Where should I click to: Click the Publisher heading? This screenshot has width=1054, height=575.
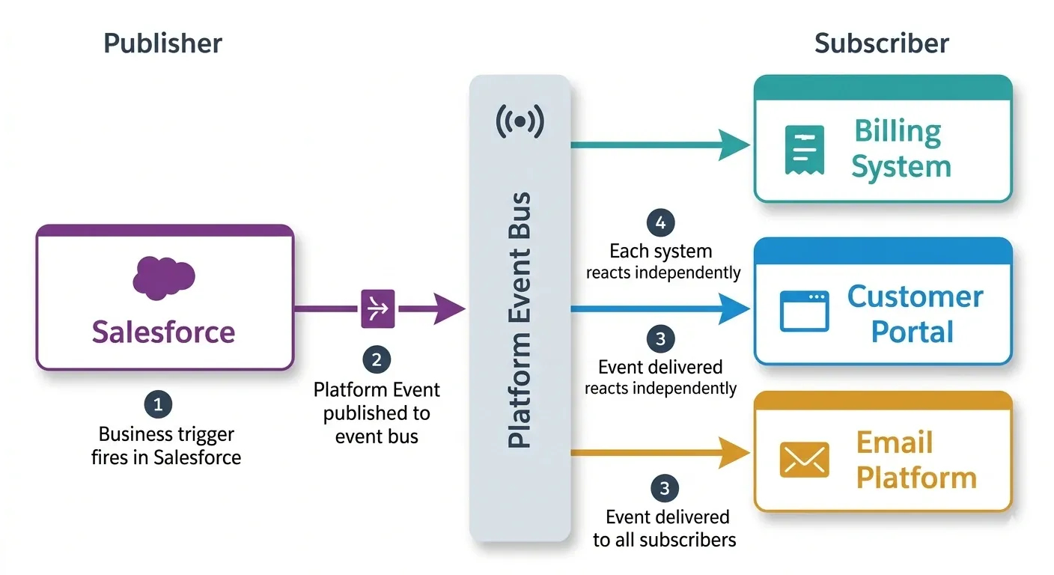pyautogui.click(x=162, y=43)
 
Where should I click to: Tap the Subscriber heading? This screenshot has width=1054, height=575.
pyautogui.click(x=881, y=43)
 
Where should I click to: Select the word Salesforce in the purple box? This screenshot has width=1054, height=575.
pyautogui.click(x=163, y=332)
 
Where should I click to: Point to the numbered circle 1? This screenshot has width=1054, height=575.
pyautogui.click(x=158, y=405)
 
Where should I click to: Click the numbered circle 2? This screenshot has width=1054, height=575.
pyautogui.click(x=377, y=359)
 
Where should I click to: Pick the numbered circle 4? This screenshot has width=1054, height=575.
pyautogui.click(x=660, y=222)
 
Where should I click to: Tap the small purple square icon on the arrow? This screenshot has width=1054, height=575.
pyautogui.click(x=378, y=308)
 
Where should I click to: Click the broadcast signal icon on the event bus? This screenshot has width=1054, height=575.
pyautogui.click(x=520, y=121)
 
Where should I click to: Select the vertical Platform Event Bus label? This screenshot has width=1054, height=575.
pyautogui.click(x=520, y=320)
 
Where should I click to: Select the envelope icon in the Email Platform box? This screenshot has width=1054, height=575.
pyautogui.click(x=804, y=459)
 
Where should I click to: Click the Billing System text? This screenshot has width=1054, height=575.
pyautogui.click(x=901, y=149)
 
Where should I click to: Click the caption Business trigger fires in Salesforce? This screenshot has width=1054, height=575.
pyautogui.click(x=166, y=445)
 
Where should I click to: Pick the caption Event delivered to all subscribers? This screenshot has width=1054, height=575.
pyautogui.click(x=664, y=528)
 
